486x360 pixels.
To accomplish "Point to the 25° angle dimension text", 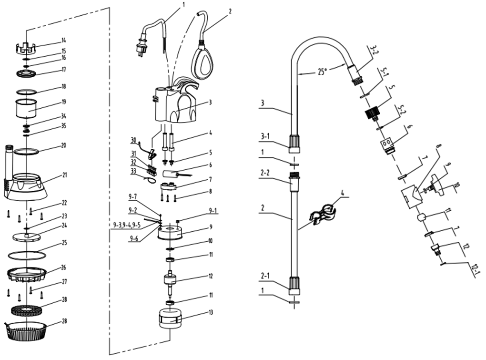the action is [x=323, y=72].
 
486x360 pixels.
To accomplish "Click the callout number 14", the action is [x=63, y=40].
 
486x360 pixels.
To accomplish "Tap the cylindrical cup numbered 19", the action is [x=26, y=109].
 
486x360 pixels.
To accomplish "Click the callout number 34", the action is [x=63, y=116].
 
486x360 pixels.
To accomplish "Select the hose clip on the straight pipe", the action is [x=323, y=214].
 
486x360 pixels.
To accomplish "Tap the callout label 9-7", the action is [x=132, y=196].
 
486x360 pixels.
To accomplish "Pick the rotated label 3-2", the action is [x=374, y=50].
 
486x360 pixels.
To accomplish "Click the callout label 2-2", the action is [x=265, y=173].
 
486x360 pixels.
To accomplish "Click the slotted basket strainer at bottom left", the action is [x=26, y=331].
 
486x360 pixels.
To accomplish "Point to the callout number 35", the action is [x=63, y=126].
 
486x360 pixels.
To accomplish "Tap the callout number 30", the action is [x=133, y=141].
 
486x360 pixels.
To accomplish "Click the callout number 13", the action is [x=211, y=312].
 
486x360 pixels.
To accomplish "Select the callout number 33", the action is [x=133, y=171].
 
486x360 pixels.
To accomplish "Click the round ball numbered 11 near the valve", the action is [x=421, y=217].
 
